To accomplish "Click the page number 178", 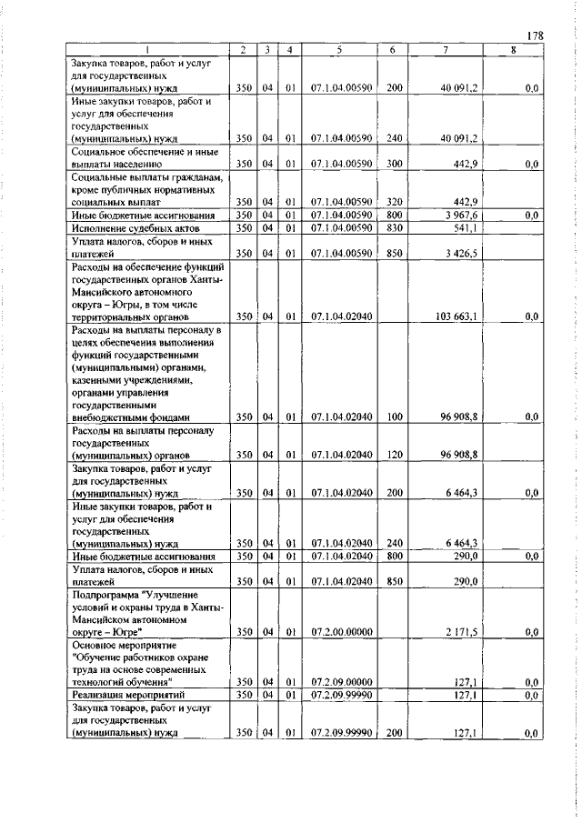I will (x=535, y=35).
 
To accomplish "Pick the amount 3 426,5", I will (x=462, y=254).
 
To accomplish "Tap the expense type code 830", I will (x=394, y=227).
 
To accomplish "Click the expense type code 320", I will (x=394, y=201).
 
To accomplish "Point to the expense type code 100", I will (x=394, y=417).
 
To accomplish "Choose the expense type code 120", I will (x=394, y=454).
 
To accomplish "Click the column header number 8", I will (x=513, y=49).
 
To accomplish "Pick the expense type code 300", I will (x=394, y=164).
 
